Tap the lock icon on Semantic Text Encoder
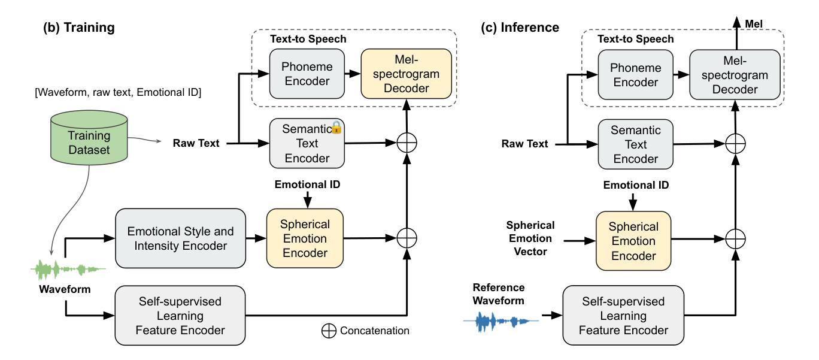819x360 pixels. coord(336,127)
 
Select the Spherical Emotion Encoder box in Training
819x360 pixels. coord(305,237)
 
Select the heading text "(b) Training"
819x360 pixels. coord(77,28)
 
